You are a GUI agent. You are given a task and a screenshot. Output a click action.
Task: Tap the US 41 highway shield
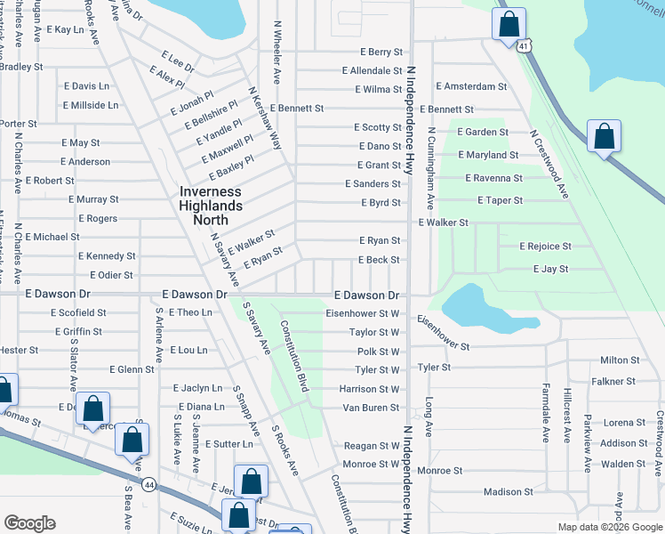click(x=525, y=44)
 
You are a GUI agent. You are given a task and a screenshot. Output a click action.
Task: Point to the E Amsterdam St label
click(x=471, y=86)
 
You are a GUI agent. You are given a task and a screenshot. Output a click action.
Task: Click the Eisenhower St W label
click(x=363, y=313)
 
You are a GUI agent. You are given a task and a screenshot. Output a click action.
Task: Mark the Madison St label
click(x=508, y=491)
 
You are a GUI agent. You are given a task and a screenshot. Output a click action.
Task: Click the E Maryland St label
click(x=486, y=155)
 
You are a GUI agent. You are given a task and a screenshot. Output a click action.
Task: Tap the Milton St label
click(x=620, y=360)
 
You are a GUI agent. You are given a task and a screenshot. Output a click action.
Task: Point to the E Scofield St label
click(x=78, y=312)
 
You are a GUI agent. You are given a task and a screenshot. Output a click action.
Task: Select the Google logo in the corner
click(x=29, y=522)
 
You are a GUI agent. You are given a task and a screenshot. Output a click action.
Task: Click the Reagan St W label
click(x=372, y=446)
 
